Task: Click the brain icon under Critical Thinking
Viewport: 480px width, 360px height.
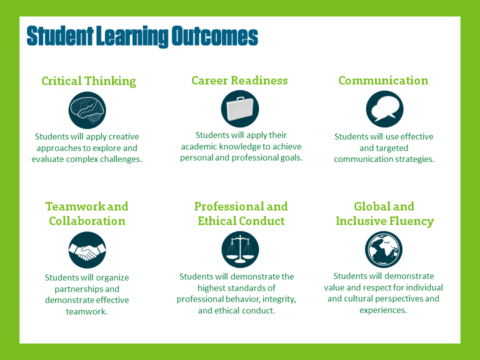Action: (87, 110)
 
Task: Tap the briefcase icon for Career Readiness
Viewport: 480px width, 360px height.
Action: (240, 108)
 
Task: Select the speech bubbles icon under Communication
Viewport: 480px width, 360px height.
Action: (385, 109)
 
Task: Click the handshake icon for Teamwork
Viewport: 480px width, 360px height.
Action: (87, 250)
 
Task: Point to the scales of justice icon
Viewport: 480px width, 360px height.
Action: (240, 249)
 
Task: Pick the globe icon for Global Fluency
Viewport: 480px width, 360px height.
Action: (383, 249)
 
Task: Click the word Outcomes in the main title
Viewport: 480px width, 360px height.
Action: (214, 36)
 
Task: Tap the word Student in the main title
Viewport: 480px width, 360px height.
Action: (60, 36)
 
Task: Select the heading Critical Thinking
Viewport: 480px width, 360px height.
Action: (89, 81)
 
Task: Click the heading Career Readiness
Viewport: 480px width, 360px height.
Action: (239, 80)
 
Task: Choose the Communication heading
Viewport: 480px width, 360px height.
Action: (383, 80)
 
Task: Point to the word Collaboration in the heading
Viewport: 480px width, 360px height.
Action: (87, 221)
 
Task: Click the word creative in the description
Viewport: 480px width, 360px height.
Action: (123, 136)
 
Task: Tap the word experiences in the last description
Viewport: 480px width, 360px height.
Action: (383, 310)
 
